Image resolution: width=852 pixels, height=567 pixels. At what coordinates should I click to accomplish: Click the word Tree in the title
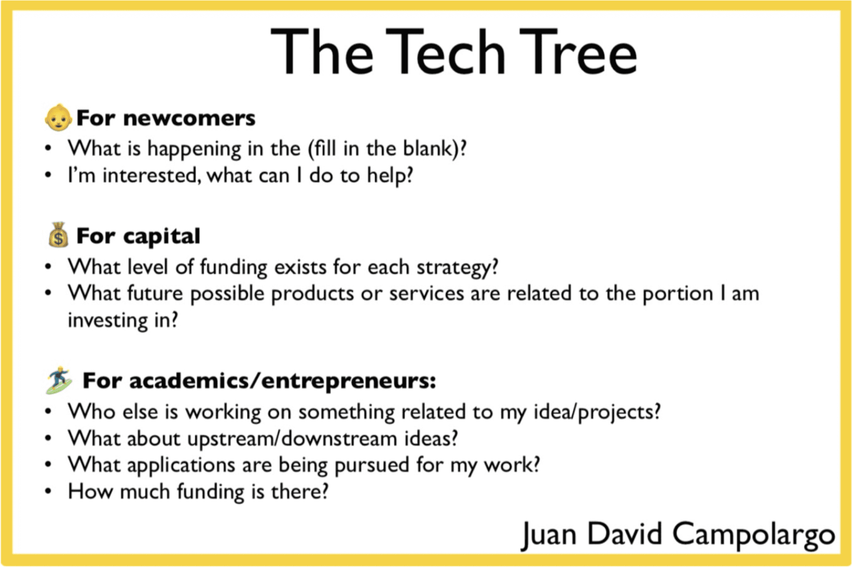[578, 52]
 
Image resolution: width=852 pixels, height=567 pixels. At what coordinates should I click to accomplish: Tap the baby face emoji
[58, 117]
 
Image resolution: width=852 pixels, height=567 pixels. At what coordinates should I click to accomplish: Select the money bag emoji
[58, 235]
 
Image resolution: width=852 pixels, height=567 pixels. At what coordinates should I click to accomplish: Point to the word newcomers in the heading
[189, 118]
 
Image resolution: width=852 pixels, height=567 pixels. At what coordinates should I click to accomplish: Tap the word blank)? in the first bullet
[435, 148]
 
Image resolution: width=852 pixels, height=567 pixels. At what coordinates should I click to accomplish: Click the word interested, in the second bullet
[152, 175]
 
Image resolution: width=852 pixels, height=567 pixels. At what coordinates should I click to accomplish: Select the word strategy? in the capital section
[458, 267]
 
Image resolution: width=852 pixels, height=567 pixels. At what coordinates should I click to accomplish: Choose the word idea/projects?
[597, 412]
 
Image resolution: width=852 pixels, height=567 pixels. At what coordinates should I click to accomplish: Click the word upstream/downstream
[292, 439]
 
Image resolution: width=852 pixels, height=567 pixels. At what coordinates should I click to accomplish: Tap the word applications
[181, 466]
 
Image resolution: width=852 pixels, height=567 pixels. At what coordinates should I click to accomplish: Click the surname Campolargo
[753, 535]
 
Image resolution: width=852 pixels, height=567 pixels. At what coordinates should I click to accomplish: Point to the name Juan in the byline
[549, 535]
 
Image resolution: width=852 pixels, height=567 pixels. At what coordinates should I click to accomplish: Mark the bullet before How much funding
[48, 491]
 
